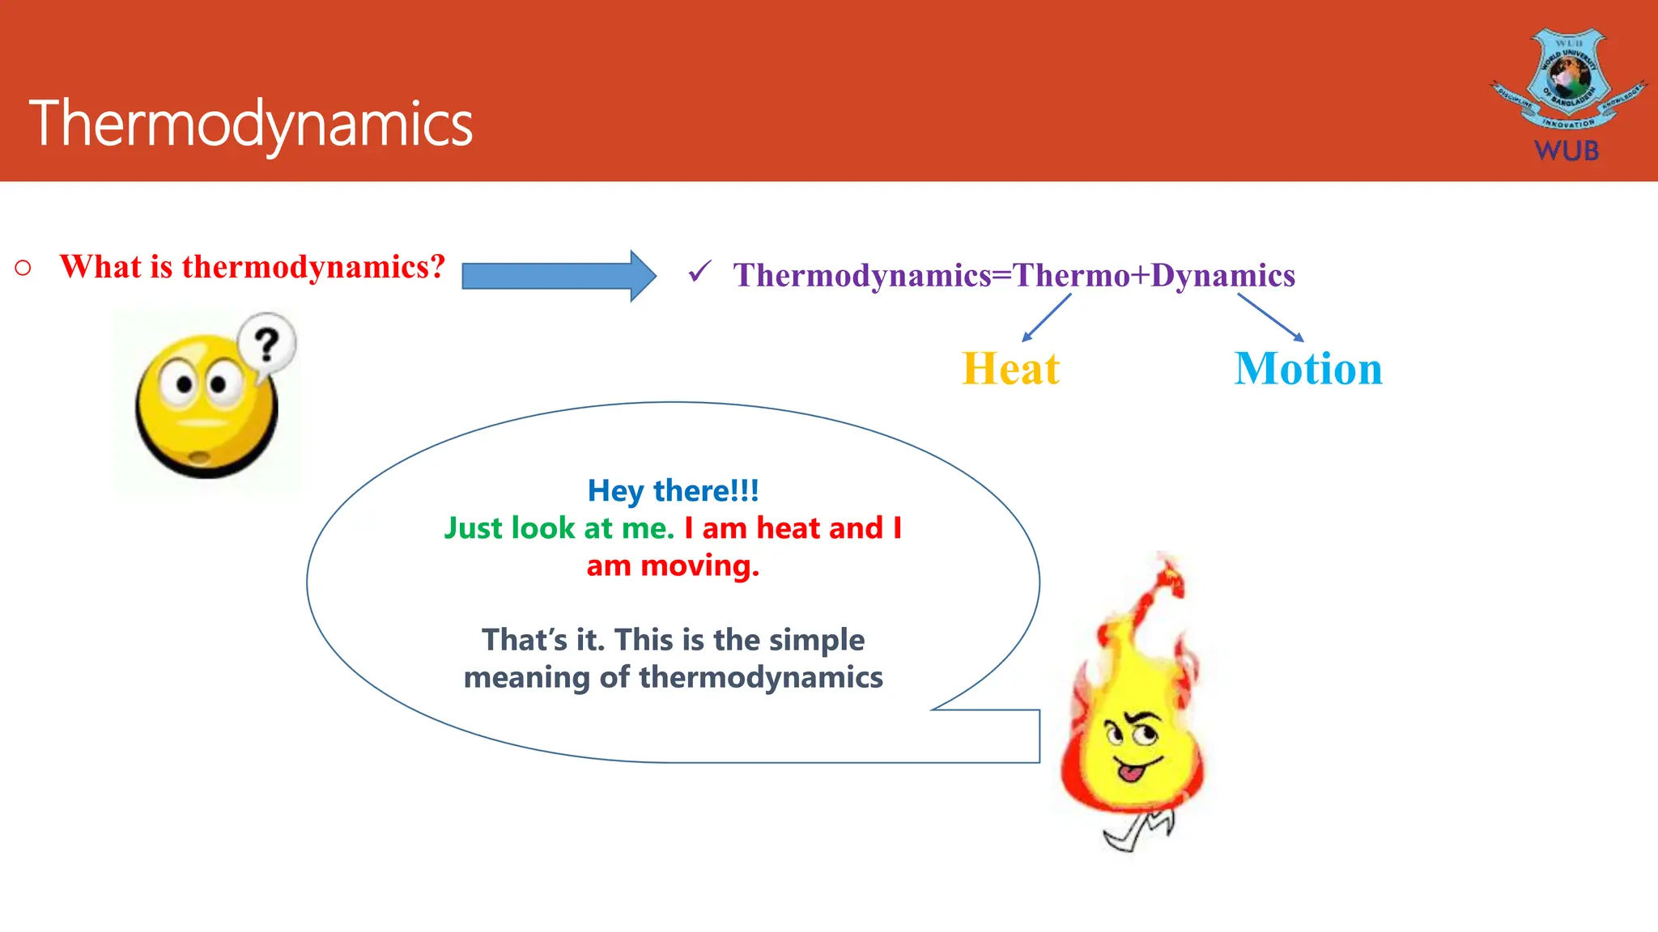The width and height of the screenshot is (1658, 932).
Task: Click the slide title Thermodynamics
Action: [251, 124]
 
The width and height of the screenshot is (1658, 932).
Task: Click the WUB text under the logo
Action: [1567, 150]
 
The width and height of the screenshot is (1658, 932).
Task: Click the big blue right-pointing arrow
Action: [559, 276]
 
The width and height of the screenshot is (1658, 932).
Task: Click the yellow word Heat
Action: [1010, 369]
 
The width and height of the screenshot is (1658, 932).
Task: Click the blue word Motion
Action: [1308, 369]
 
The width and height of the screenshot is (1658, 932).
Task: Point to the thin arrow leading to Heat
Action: [1046, 317]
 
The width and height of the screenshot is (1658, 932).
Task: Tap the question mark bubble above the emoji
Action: [266, 346]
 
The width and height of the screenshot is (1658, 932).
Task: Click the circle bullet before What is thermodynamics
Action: [23, 268]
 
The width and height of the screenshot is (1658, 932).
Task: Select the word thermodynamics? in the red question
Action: [313, 267]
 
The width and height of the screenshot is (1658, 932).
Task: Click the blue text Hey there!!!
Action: [673, 490]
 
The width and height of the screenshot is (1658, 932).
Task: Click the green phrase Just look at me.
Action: [559, 528]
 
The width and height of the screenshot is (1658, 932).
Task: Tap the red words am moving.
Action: [673, 566]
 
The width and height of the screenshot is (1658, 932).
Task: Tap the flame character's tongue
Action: [1129, 773]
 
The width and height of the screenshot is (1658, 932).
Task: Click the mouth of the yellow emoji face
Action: [199, 458]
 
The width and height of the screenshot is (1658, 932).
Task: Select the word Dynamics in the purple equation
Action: [1222, 276]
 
